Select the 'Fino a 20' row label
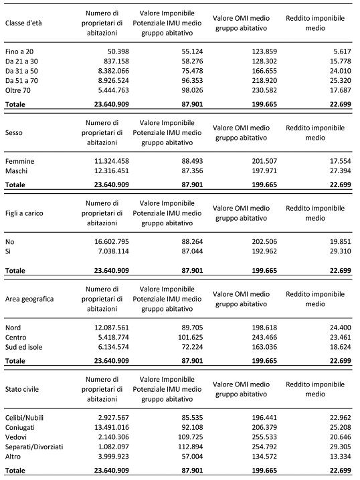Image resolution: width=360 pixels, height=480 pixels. point(19,51)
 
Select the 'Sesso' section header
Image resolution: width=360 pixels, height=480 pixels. point(15,132)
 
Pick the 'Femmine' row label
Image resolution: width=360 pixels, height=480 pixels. point(19,161)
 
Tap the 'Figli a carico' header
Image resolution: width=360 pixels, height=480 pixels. point(26,212)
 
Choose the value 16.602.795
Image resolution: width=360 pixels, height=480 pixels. point(99,241)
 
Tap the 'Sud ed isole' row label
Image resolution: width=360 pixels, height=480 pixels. point(25,348)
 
